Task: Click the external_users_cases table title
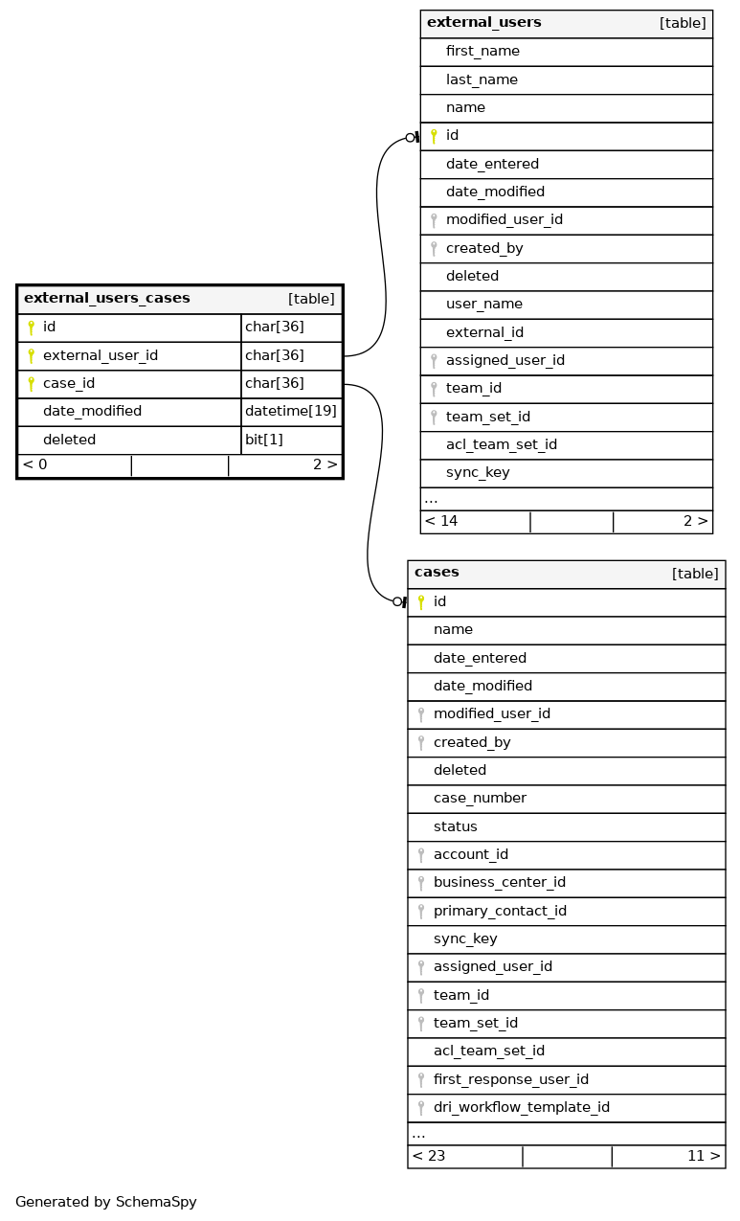pyautogui.click(x=107, y=299)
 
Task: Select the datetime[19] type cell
pyautogui.click(x=291, y=412)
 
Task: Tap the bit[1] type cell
pyautogui.click(x=264, y=440)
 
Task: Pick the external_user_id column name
pyautogui.click(x=101, y=356)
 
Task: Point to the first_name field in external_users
pyautogui.click(x=482, y=52)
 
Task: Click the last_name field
pyautogui.click(x=482, y=79)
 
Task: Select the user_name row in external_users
pyautogui.click(x=484, y=305)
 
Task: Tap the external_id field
pyautogui.click(x=486, y=332)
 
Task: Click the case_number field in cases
pyautogui.click(x=480, y=799)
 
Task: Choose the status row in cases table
pyautogui.click(x=455, y=826)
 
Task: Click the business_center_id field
pyautogui.click(x=499, y=883)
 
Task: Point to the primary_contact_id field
pyautogui.click(x=500, y=911)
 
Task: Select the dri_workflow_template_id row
pyautogui.click(x=521, y=1107)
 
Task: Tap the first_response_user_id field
pyautogui.click(x=510, y=1079)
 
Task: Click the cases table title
pyautogui.click(x=437, y=573)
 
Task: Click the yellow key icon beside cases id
pyautogui.click(x=421, y=602)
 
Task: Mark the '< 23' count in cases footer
pyautogui.click(x=429, y=1156)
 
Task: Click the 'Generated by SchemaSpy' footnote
pyautogui.click(x=106, y=1202)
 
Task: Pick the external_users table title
pyautogui.click(x=483, y=23)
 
